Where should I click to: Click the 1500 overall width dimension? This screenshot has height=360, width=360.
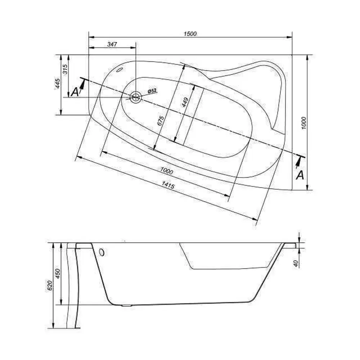pos(190,34)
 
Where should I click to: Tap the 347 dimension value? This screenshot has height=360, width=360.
pos(112,44)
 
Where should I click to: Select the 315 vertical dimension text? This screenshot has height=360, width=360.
pos(65,69)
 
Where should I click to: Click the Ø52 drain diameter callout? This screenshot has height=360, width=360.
pos(152,91)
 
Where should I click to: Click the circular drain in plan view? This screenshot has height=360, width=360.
pos(136,97)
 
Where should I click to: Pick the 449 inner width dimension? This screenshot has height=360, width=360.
pos(185,102)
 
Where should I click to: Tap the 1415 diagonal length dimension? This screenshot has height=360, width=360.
pos(168,185)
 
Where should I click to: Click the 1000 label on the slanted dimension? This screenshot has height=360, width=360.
pos(167,171)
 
